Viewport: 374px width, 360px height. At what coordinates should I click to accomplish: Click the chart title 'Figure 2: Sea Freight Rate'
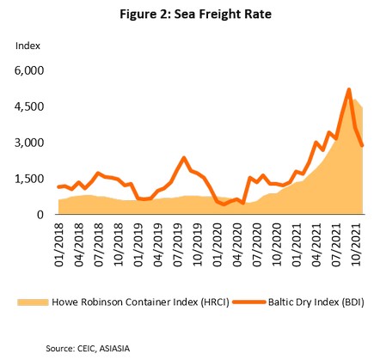click(x=195, y=14)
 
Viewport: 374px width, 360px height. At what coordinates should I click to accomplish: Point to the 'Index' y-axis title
click(x=28, y=46)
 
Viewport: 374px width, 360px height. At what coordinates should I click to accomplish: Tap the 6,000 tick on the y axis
click(x=29, y=70)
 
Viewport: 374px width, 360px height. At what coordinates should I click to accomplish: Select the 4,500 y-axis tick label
click(x=29, y=107)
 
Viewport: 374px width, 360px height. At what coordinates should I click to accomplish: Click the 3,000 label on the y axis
click(x=29, y=143)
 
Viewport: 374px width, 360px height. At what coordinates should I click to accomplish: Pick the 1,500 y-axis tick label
click(x=29, y=179)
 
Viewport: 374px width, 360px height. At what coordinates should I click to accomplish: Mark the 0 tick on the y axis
click(x=40, y=215)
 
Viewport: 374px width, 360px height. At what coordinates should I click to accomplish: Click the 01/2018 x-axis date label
click(x=59, y=245)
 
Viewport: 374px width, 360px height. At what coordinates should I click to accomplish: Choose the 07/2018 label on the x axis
click(x=99, y=245)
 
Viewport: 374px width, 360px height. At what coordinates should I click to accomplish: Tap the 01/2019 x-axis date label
click(x=138, y=245)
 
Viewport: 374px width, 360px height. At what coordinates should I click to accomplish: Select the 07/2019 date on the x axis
click(x=178, y=245)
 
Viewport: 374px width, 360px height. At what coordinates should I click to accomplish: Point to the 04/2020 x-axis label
click(x=237, y=245)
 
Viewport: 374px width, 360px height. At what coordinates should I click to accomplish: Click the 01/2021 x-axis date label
click(x=297, y=245)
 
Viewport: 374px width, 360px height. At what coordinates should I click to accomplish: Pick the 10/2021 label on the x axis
click(x=357, y=245)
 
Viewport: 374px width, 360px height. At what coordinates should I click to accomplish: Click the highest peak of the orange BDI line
click(x=349, y=89)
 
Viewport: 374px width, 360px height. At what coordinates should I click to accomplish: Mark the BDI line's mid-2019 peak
click(x=184, y=157)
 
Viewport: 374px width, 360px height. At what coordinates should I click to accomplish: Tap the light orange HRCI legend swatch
click(x=33, y=302)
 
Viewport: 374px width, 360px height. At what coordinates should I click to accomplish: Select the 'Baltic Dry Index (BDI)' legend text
click(x=316, y=302)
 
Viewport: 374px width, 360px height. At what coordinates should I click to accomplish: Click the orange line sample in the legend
click(x=248, y=302)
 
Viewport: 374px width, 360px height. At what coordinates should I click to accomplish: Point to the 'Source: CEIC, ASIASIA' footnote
click(x=88, y=349)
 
